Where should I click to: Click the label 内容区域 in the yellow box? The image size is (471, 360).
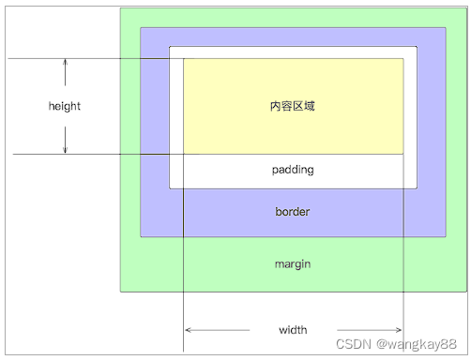coord(293,106)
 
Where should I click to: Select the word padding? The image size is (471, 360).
coord(293,170)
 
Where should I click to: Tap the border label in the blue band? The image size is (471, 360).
coord(293,211)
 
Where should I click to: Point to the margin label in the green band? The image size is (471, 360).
coord(293,263)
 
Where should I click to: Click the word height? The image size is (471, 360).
coord(65,106)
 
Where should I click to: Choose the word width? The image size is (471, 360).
coord(293,330)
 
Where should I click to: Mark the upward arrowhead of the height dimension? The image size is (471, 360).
coord(65,63)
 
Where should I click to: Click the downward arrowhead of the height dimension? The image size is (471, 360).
coord(65,149)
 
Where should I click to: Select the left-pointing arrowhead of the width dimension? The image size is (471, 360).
coord(189,330)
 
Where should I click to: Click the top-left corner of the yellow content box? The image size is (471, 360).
coord(184,59)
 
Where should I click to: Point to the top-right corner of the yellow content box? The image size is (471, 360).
coord(403,59)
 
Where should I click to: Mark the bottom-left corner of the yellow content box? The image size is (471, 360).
coord(184,153)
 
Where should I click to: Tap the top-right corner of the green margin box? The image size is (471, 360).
coord(465,8)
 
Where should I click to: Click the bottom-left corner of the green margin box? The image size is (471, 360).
coord(120,291)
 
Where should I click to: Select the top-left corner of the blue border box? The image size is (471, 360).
coord(141,28)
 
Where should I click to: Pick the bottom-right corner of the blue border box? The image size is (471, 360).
coord(445,236)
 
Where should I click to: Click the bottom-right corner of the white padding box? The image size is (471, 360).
coord(417,187)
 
